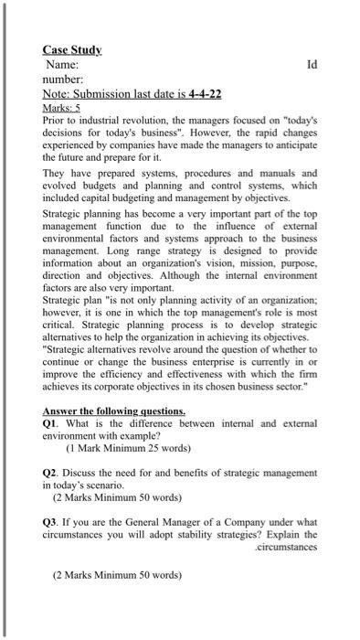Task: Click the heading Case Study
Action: pyautogui.click(x=72, y=49)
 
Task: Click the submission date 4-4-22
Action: pyautogui.click(x=206, y=94)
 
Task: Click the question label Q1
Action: pyautogui.click(x=51, y=424)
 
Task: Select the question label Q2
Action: pyautogui.click(x=51, y=473)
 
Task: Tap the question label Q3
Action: pyautogui.click(x=51, y=521)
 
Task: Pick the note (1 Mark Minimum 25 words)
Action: pyautogui.click(x=128, y=449)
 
